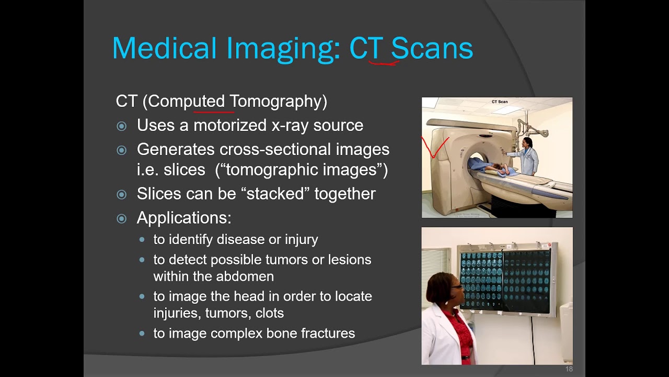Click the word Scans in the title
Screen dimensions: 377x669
pos(432,48)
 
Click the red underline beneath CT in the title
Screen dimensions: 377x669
pos(384,64)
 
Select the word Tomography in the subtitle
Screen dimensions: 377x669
pos(278,101)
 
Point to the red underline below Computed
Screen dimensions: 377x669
pos(213,111)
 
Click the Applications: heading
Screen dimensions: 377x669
pos(184,218)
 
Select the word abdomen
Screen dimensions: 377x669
pos(244,276)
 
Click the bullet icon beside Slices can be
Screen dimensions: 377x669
pos(122,194)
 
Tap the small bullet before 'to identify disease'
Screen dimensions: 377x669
pos(142,240)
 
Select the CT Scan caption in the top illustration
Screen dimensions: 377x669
pos(499,102)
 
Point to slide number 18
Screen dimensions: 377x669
pos(569,370)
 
